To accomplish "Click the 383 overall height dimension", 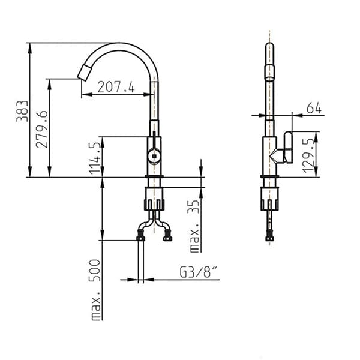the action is pos(22,111).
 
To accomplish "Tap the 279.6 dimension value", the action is pos(42,129).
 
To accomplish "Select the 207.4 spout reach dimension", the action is pos(116,87).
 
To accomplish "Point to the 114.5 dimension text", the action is pos(95,158).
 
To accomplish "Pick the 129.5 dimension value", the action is pos(308,155).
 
